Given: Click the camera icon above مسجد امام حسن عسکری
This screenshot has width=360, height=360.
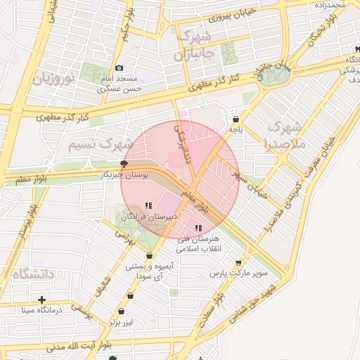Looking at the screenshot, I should click(x=120, y=68).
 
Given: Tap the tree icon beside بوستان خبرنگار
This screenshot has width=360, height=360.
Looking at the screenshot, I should click(x=124, y=163).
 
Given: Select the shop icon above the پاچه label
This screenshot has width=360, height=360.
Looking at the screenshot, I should click(x=235, y=119).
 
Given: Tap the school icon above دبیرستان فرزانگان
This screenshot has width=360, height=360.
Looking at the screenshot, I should click(x=148, y=206).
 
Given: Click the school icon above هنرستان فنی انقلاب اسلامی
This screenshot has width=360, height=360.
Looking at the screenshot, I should click(x=199, y=228).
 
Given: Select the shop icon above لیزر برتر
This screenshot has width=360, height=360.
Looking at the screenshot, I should click(x=122, y=311).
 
